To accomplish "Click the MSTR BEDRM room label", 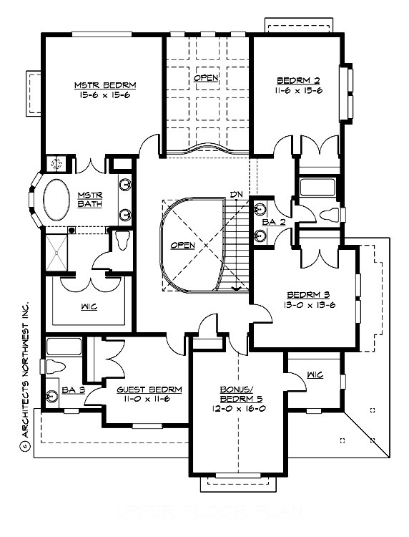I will point(105,85).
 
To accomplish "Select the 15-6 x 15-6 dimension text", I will point(105,95).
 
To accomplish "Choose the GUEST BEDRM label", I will point(149,390).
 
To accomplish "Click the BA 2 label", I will point(270,222).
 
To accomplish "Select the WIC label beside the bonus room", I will point(314,374).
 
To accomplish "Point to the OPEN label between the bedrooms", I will point(206,77).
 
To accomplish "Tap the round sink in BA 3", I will point(52,397).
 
